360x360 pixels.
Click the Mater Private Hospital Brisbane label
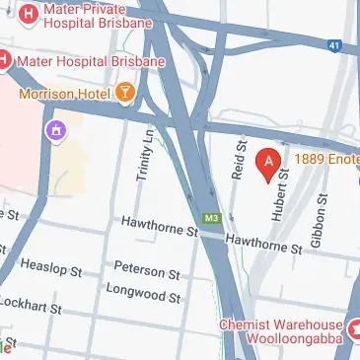[97, 15]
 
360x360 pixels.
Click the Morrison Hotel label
[65, 92]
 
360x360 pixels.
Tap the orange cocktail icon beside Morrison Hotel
[126, 93]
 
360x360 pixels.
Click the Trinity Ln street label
[145, 158]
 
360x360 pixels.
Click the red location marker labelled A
[266, 163]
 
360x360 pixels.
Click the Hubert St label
[282, 193]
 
